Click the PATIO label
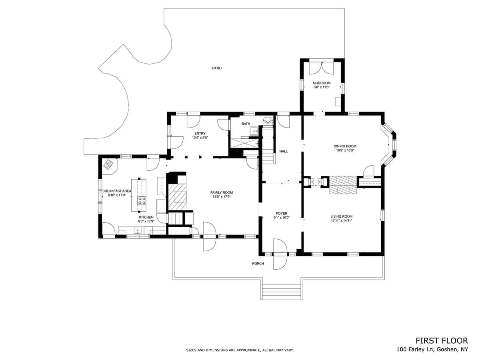coord(217,68)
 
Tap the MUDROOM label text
coord(322,83)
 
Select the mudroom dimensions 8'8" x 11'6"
coord(322,87)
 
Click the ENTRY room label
coord(200,134)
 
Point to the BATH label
coord(246,124)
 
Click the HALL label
coord(284,151)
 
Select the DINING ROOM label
coord(345,146)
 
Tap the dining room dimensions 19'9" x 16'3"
coord(345,150)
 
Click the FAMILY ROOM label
coord(222,192)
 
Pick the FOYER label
coord(282,213)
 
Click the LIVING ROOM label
coord(341,216)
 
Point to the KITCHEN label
coord(146,217)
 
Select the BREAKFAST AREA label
coord(117,191)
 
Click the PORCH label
coord(258,264)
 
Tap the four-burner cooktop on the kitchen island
coord(142,201)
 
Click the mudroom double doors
coord(321,68)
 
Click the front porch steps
coord(281,292)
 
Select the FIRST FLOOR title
coord(442,341)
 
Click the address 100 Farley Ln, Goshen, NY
coord(432,350)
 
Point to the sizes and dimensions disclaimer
coord(240,350)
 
